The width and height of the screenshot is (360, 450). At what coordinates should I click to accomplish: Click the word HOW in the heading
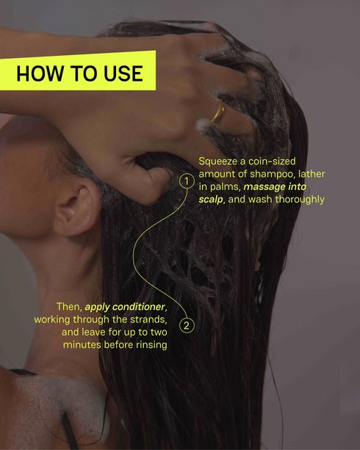[x=35, y=74]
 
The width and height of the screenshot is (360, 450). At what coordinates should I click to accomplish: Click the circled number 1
[x=187, y=178]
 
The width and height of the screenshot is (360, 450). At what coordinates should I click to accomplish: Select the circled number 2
[x=187, y=325]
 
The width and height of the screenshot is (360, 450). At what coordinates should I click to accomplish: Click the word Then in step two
[x=69, y=306]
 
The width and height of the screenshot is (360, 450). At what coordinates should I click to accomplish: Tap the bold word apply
[x=101, y=306]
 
